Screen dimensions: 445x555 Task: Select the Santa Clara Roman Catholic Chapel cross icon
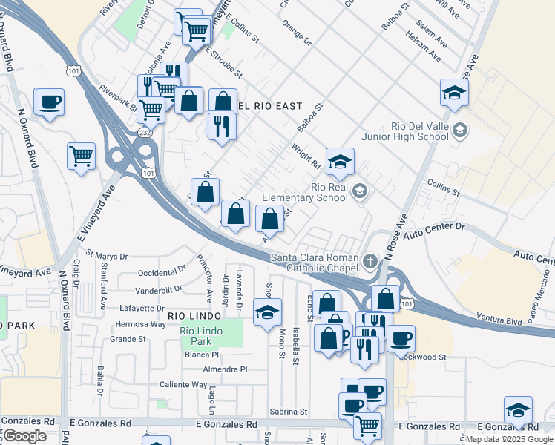370,261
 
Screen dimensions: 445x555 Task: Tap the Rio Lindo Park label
206,337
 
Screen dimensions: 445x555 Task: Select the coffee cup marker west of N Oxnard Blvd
50,102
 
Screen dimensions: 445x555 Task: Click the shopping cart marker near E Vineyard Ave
82,156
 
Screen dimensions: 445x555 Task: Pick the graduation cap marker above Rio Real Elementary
340,162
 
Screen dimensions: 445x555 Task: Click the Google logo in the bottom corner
24,435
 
